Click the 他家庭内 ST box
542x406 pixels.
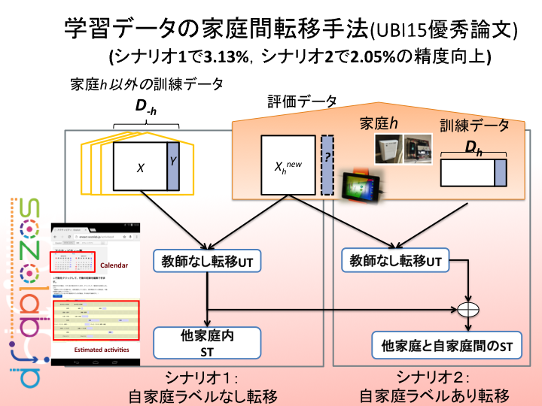[207, 342]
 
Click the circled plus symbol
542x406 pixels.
[470, 309]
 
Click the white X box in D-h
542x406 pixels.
[140, 168]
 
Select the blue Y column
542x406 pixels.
[173, 168]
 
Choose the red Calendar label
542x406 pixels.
[114, 265]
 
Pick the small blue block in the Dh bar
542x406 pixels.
[501, 174]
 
